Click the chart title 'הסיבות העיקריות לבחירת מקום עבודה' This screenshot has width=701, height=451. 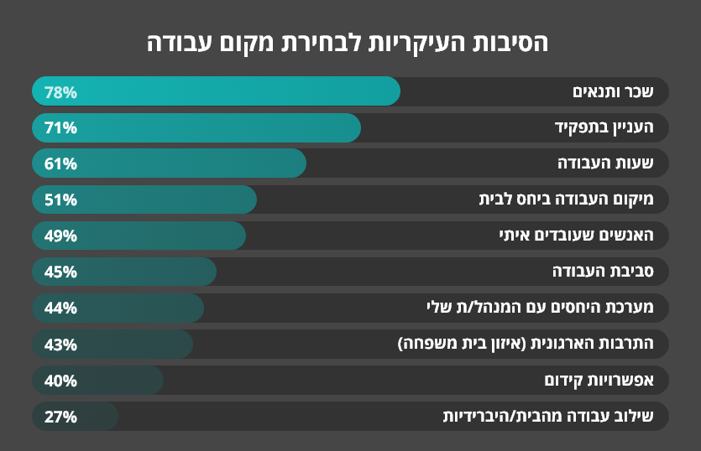tap(350, 42)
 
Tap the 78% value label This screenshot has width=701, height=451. tap(60, 92)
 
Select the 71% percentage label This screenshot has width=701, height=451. tap(60, 128)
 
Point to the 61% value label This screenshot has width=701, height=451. tap(60, 164)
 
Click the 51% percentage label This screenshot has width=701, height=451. tap(60, 200)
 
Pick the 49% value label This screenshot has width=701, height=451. tap(60, 236)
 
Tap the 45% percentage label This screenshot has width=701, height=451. tap(60, 272)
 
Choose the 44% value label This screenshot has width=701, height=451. tap(60, 308)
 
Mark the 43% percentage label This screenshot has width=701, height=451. tap(60, 345)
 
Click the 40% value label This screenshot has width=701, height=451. tap(60, 381)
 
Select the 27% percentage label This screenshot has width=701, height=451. tap(60, 417)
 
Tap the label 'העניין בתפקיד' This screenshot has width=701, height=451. tap(609, 127)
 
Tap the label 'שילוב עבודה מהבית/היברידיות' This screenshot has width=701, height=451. tap(555, 416)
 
